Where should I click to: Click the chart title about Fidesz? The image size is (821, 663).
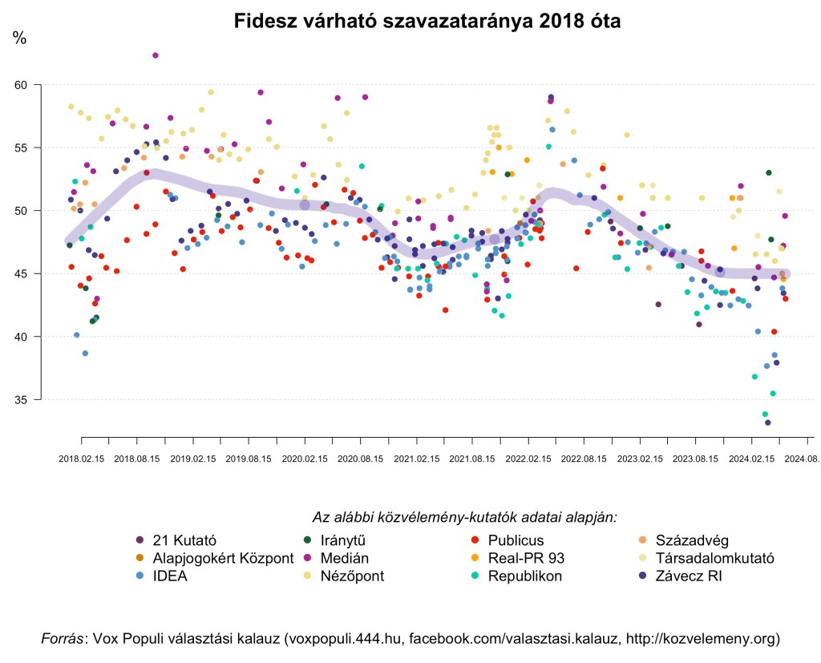click(x=427, y=21)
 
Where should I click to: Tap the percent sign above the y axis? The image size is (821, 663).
click(x=19, y=38)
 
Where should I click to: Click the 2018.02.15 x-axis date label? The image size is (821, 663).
click(x=81, y=459)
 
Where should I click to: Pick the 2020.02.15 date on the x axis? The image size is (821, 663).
click(x=305, y=459)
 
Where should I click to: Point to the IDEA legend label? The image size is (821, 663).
click(x=169, y=576)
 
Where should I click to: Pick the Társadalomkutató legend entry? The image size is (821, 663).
click(x=714, y=557)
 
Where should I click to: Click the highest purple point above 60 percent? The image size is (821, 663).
click(x=156, y=55)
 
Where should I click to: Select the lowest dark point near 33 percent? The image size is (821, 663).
click(x=767, y=422)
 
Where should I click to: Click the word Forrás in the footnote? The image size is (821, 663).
click(x=63, y=639)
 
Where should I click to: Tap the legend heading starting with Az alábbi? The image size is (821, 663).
click(x=464, y=517)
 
